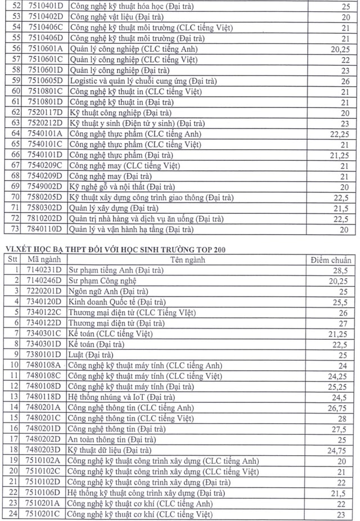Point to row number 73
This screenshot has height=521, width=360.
point(15,229)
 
